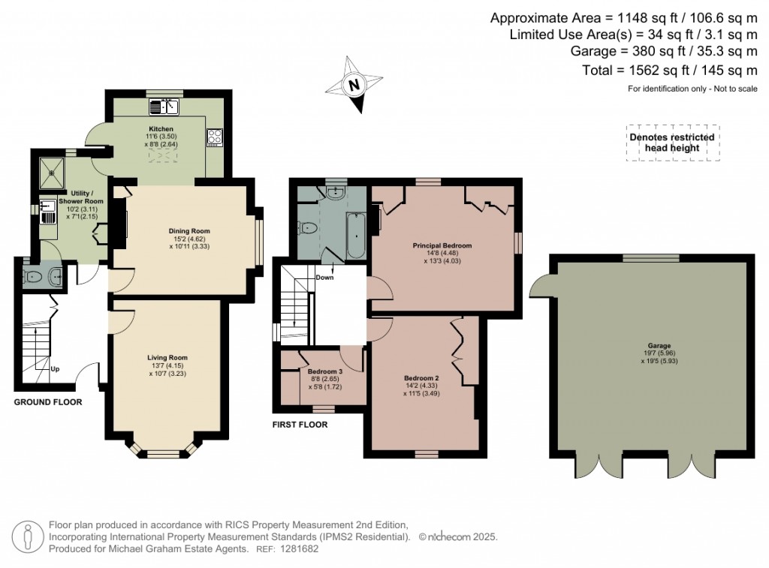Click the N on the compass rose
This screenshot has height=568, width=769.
(354, 84)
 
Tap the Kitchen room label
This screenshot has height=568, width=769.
(161, 129)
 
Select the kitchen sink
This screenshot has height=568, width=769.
(164, 107)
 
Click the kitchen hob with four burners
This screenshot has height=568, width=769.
(215, 137)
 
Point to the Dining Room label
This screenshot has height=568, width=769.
(189, 231)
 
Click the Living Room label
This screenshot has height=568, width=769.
(167, 358)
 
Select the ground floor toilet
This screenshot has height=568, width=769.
(33, 277)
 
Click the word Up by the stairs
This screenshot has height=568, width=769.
(55, 369)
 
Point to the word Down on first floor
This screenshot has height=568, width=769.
(324, 278)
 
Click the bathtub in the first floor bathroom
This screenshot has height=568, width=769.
(355, 235)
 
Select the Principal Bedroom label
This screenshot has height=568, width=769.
(442, 245)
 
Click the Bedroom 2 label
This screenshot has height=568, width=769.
(421, 378)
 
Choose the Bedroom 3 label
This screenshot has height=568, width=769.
(325, 371)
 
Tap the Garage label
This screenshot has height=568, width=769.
(659, 346)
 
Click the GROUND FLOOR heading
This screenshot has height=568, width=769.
(48, 402)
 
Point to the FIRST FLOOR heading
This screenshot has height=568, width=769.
(300, 425)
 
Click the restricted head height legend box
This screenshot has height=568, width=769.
(673, 143)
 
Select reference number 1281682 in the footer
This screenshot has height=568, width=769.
(299, 549)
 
